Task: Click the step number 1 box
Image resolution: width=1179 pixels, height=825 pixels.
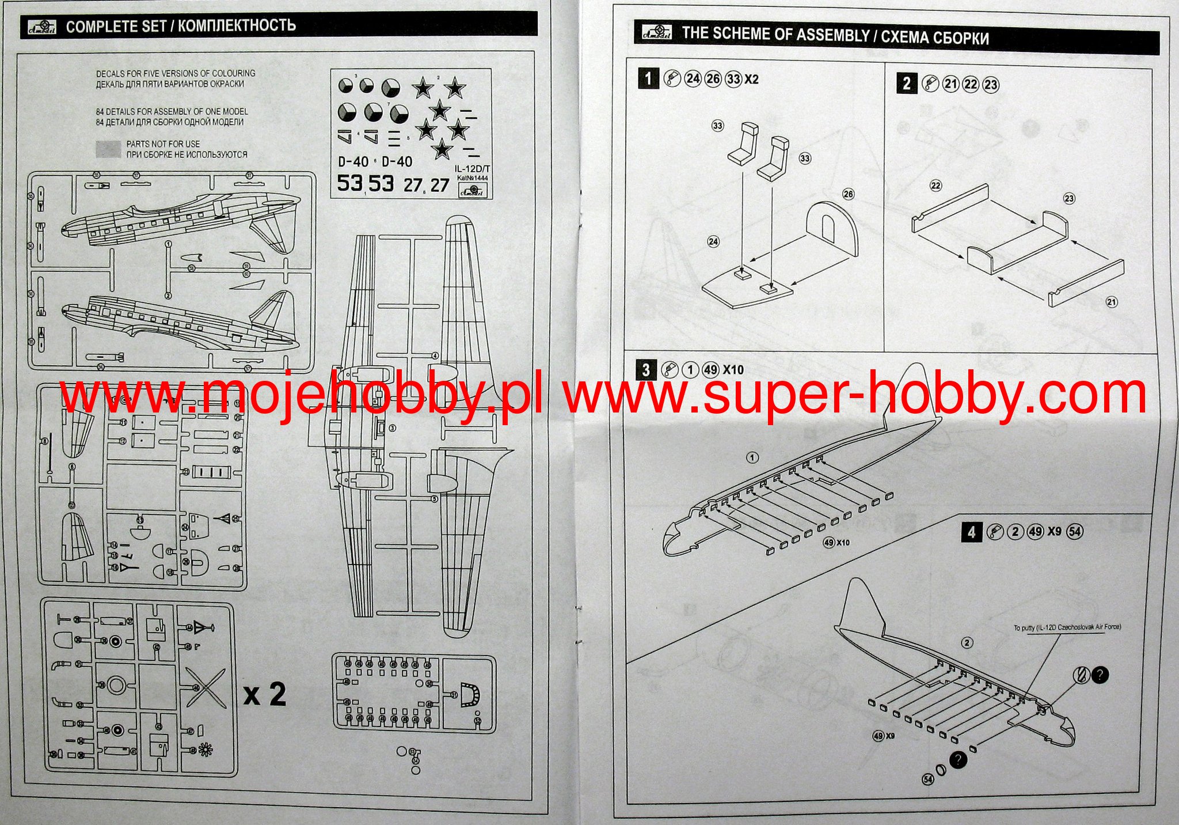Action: (648, 78)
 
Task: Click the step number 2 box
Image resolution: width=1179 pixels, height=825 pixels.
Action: (907, 84)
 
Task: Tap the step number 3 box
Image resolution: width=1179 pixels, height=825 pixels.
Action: (646, 369)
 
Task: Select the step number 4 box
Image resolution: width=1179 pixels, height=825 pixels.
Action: (972, 531)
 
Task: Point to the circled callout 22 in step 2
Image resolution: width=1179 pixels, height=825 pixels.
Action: (935, 186)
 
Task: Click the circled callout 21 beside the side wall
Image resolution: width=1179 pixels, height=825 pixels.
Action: (1112, 302)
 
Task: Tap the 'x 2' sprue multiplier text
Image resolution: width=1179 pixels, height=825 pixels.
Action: (264, 694)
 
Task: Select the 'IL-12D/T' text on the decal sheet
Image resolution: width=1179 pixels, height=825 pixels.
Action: (471, 169)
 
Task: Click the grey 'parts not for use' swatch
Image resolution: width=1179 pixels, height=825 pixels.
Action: (108, 149)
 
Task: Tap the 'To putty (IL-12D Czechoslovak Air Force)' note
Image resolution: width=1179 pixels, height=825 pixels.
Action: (1067, 627)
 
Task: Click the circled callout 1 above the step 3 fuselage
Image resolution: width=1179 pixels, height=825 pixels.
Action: (752, 458)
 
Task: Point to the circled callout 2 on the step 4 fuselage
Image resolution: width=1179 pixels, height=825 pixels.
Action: (967, 643)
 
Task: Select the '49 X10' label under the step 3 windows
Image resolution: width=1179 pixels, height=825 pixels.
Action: (836, 543)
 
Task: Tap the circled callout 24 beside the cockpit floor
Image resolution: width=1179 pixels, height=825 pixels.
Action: (713, 241)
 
